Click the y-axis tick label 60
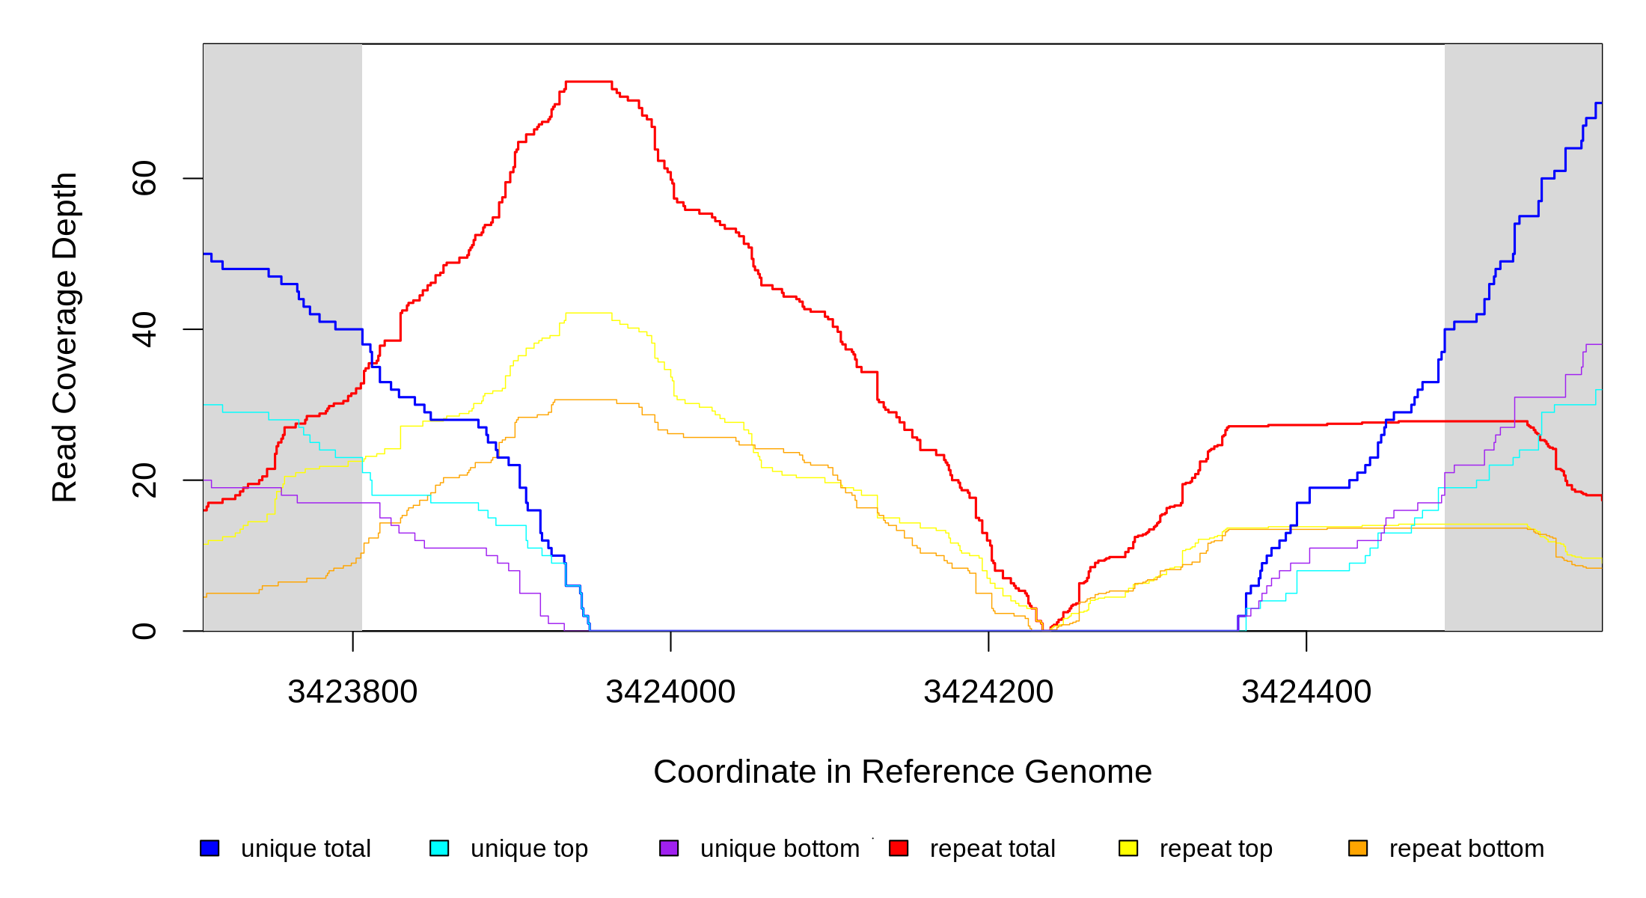tap(144, 178)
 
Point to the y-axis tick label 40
tap(144, 329)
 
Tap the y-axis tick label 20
tap(144, 480)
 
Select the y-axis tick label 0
tap(144, 631)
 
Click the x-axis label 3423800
tap(352, 691)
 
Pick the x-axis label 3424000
tap(670, 691)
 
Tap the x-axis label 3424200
tap(988, 691)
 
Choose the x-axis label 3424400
tap(1306, 691)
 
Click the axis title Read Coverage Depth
tap(64, 337)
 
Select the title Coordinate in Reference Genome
tap(902, 772)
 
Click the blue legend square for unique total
tap(209, 848)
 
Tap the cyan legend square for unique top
tap(439, 848)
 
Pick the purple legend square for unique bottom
tap(669, 848)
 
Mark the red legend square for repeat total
tap(899, 848)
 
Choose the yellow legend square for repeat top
tap(1128, 848)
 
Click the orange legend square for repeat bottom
tap(1358, 848)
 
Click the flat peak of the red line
tap(589, 82)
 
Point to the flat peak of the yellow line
tap(589, 313)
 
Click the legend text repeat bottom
tap(1466, 849)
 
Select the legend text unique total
tap(305, 849)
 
